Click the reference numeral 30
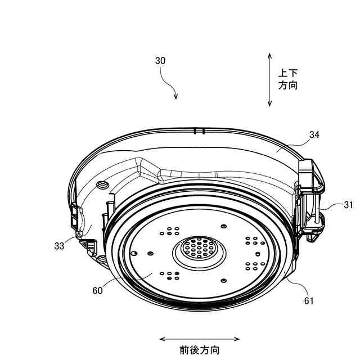tap(160, 61)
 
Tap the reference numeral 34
tap(314, 135)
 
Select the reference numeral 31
tap(349, 205)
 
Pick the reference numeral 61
tap(309, 300)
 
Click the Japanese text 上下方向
tap(288, 79)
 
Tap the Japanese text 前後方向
tap(200, 350)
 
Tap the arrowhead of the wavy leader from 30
tap(175, 97)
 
